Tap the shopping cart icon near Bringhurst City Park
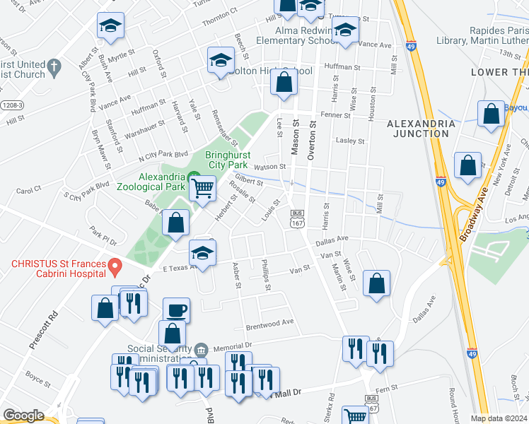(203, 188)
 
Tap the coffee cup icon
(176, 310)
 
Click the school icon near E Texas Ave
(202, 253)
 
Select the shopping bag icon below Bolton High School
(284, 83)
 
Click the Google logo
(24, 416)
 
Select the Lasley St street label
(350, 141)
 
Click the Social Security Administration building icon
(201, 349)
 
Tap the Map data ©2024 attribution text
(499, 418)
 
